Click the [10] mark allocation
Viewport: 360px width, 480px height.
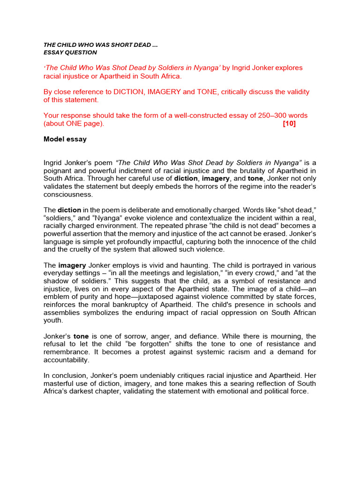point(289,124)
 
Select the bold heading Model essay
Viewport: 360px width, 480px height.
point(65,139)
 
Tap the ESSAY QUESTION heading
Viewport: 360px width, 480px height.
point(70,52)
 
